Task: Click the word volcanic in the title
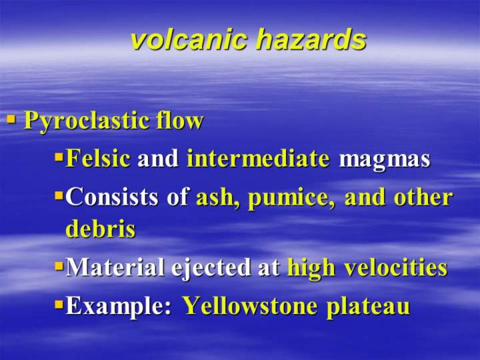[189, 40]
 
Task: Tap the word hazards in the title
[311, 40]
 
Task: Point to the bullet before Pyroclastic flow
[11, 119]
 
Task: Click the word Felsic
[98, 158]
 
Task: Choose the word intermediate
[258, 158]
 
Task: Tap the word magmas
[385, 161]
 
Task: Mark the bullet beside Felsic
[59, 157]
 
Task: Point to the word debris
[101, 229]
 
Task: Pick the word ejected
[211, 269]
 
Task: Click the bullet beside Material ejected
[59, 266]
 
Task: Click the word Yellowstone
[250, 305]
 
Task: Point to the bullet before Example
[59, 305]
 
